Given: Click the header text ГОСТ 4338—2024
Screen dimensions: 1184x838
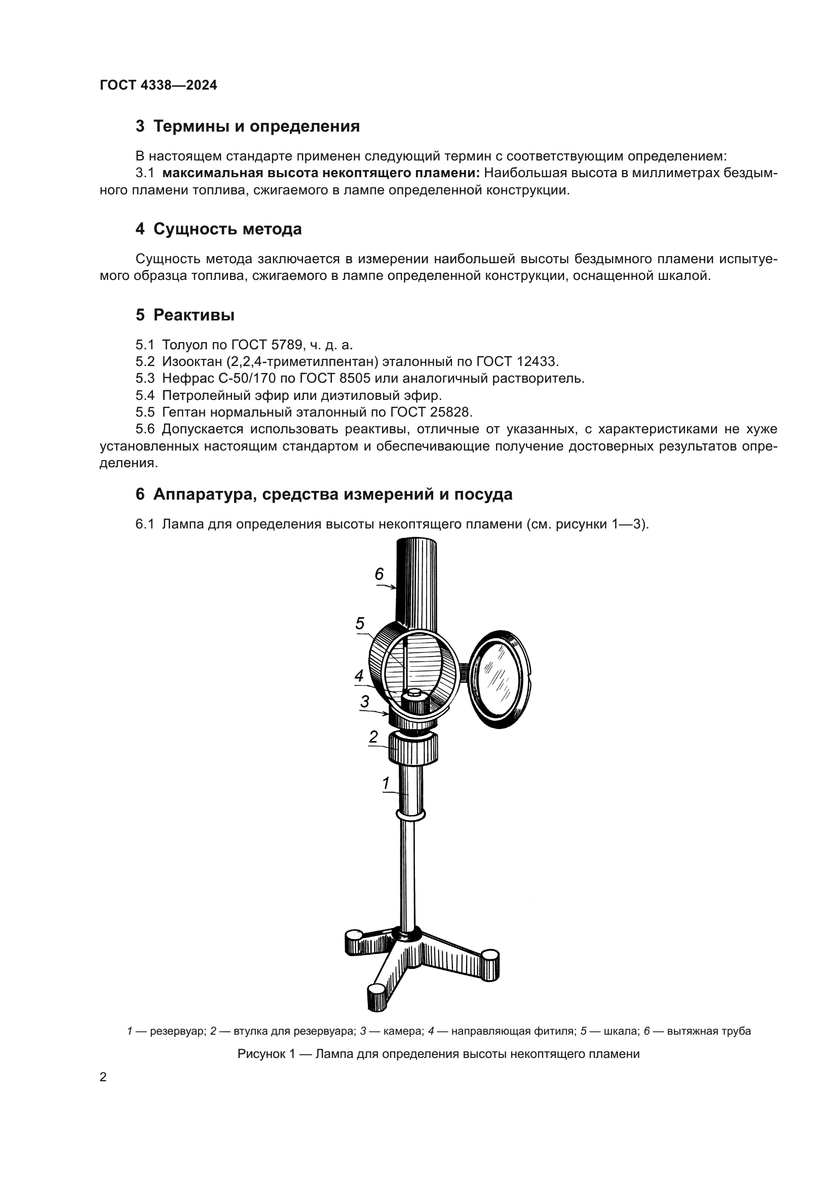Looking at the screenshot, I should coord(159,86).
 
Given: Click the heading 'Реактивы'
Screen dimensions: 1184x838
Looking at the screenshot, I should coord(194,315).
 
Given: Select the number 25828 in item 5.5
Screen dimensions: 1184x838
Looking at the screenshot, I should coord(449,412).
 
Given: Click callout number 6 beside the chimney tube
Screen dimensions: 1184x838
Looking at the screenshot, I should coord(379,574).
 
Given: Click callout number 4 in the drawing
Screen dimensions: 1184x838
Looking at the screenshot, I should coord(359,676).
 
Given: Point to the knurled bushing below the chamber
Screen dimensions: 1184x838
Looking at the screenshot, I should coord(413,748).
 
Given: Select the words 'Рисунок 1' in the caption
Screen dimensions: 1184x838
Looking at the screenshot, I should coord(264,1054).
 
